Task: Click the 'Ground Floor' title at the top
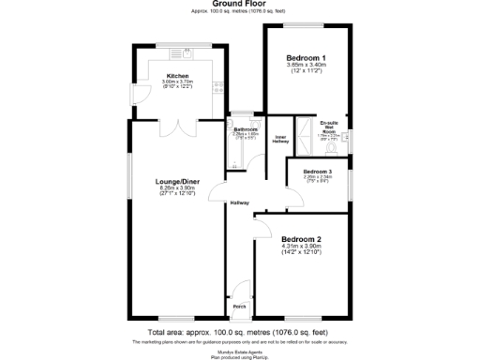(240, 5)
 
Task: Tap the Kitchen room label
(178, 76)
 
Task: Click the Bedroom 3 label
(317, 172)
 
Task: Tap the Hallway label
(241, 202)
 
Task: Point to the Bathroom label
(245, 128)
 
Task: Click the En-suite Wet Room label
(329, 127)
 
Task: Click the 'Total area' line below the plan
(240, 331)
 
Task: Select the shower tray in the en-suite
(304, 137)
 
